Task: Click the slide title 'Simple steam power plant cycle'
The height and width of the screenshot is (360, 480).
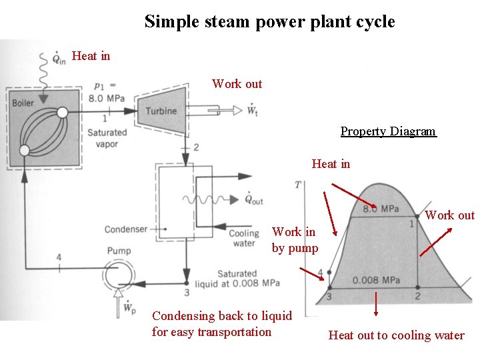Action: click(x=269, y=21)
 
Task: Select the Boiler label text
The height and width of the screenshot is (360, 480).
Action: click(x=23, y=103)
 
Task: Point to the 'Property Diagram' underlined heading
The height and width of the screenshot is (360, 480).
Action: click(x=388, y=131)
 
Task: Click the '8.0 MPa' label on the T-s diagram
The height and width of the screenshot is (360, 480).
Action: click(x=381, y=209)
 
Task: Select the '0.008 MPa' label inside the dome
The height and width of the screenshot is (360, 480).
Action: click(x=376, y=280)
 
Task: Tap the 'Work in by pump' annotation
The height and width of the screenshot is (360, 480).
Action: click(x=295, y=240)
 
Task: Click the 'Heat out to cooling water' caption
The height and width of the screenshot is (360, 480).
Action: click(x=396, y=335)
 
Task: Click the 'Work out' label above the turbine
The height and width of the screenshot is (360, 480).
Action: click(x=237, y=84)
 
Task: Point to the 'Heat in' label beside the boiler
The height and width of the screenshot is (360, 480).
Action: click(x=91, y=56)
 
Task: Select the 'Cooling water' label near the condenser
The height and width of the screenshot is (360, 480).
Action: click(x=243, y=239)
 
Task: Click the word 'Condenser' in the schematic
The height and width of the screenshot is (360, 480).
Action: click(x=125, y=229)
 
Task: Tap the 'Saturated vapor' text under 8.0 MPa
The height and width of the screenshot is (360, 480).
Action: click(x=107, y=138)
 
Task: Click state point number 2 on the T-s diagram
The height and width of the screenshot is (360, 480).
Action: click(x=417, y=296)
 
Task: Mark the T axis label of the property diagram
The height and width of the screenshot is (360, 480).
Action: click(x=297, y=184)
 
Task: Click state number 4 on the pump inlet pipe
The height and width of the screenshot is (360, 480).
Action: click(x=59, y=257)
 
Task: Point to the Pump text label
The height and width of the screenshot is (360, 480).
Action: click(x=118, y=251)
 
